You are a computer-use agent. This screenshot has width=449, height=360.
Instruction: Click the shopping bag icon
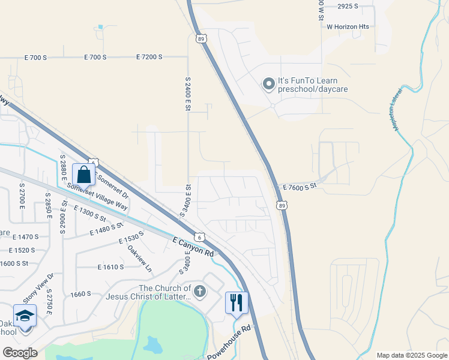(x=84, y=175)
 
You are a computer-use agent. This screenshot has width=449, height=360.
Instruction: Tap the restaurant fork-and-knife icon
(x=236, y=302)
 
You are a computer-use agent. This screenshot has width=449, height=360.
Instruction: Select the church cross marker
(x=200, y=292)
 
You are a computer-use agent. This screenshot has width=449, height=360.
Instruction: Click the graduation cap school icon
(x=25, y=316)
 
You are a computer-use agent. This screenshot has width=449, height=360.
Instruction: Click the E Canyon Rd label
(x=193, y=247)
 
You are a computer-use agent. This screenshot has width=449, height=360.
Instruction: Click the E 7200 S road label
(x=149, y=57)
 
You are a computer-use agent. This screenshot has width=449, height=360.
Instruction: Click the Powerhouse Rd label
(x=229, y=344)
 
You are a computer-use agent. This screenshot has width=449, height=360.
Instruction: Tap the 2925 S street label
(x=348, y=7)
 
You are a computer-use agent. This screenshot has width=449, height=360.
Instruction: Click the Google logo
(x=20, y=353)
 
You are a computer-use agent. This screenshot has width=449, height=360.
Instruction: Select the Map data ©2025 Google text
(x=412, y=355)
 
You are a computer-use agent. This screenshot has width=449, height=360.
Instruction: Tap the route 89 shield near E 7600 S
(x=282, y=205)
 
